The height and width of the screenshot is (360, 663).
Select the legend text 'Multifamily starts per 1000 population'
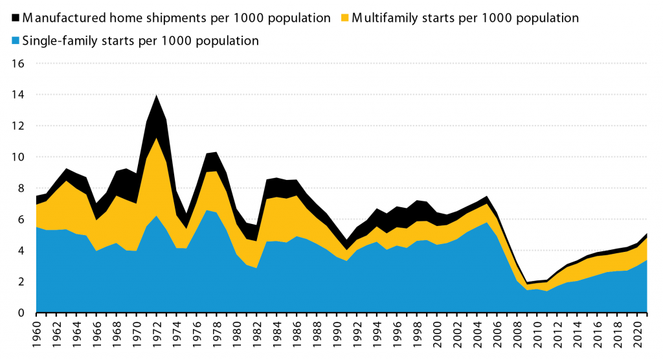(464, 17)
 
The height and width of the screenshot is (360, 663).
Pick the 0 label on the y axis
(21, 313)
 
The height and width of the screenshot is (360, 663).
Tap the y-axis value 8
(21, 188)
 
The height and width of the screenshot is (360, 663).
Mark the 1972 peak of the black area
(155, 96)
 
